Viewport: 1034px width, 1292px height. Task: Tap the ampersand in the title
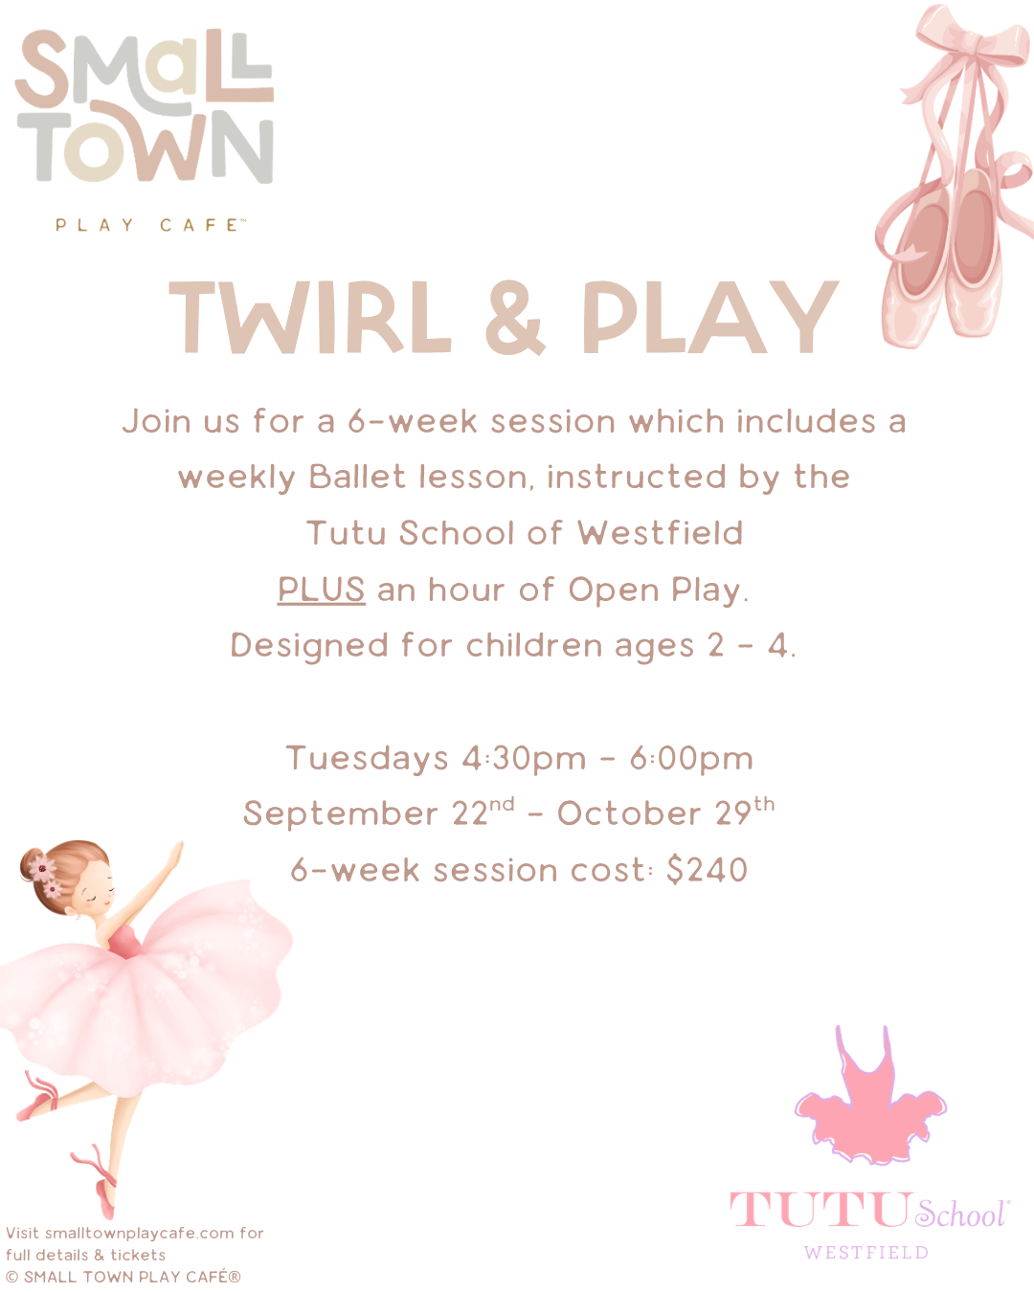coord(515,317)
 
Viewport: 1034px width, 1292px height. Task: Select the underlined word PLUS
coord(321,590)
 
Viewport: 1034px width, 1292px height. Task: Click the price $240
coord(708,869)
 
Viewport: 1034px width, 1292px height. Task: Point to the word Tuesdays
coord(367,758)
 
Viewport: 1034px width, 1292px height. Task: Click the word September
coord(341,813)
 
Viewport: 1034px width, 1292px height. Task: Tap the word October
coord(629,813)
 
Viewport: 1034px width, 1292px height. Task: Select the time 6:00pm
coord(691,758)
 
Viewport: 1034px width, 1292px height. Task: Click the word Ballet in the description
coord(357,477)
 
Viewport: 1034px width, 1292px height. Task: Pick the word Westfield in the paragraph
coord(661,532)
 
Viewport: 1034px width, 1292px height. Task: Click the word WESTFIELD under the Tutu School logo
coord(866,1252)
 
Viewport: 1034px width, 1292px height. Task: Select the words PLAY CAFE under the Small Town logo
coord(150,225)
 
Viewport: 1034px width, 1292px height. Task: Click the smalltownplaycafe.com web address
coord(140,1234)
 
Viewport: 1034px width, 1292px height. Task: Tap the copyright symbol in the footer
coord(12,1277)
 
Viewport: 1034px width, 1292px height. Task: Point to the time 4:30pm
coord(524,758)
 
